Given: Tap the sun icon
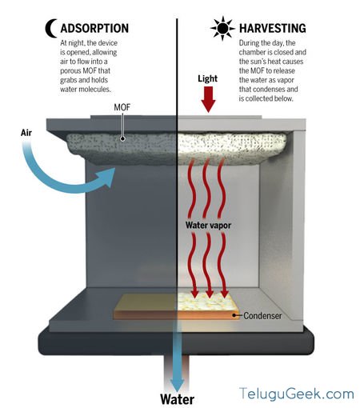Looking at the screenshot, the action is tap(222, 28).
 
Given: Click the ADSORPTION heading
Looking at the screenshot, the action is tap(94, 28).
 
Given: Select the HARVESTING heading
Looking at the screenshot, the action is tap(272, 28).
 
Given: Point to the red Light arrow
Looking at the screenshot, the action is tap(208, 99).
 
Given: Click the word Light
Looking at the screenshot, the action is tap(207, 78).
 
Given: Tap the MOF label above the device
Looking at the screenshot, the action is tap(122, 107).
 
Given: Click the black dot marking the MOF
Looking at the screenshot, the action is tap(122, 138).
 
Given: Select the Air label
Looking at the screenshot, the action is tap(26, 133).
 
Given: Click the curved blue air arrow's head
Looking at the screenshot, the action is tap(107, 177).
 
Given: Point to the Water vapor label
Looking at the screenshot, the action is tap(208, 225).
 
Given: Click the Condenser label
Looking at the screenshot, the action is tap(262, 316).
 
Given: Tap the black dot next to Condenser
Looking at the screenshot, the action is tap(234, 315).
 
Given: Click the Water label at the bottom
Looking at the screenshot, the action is tap(177, 399).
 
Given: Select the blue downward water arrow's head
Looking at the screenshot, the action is tap(177, 383).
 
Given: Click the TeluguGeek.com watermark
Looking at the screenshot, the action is tap(297, 394).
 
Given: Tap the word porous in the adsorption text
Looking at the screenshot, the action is tap(70, 71).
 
